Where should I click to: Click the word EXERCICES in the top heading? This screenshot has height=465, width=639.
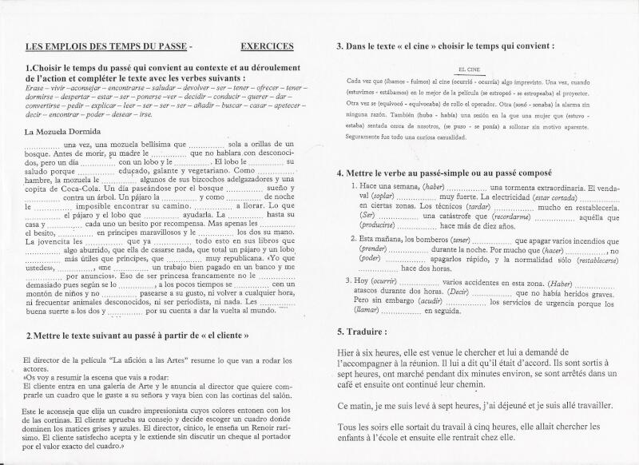coord(266,47)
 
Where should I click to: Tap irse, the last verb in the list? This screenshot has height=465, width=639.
coord(145,113)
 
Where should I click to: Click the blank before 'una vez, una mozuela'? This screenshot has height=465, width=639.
coord(43,145)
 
